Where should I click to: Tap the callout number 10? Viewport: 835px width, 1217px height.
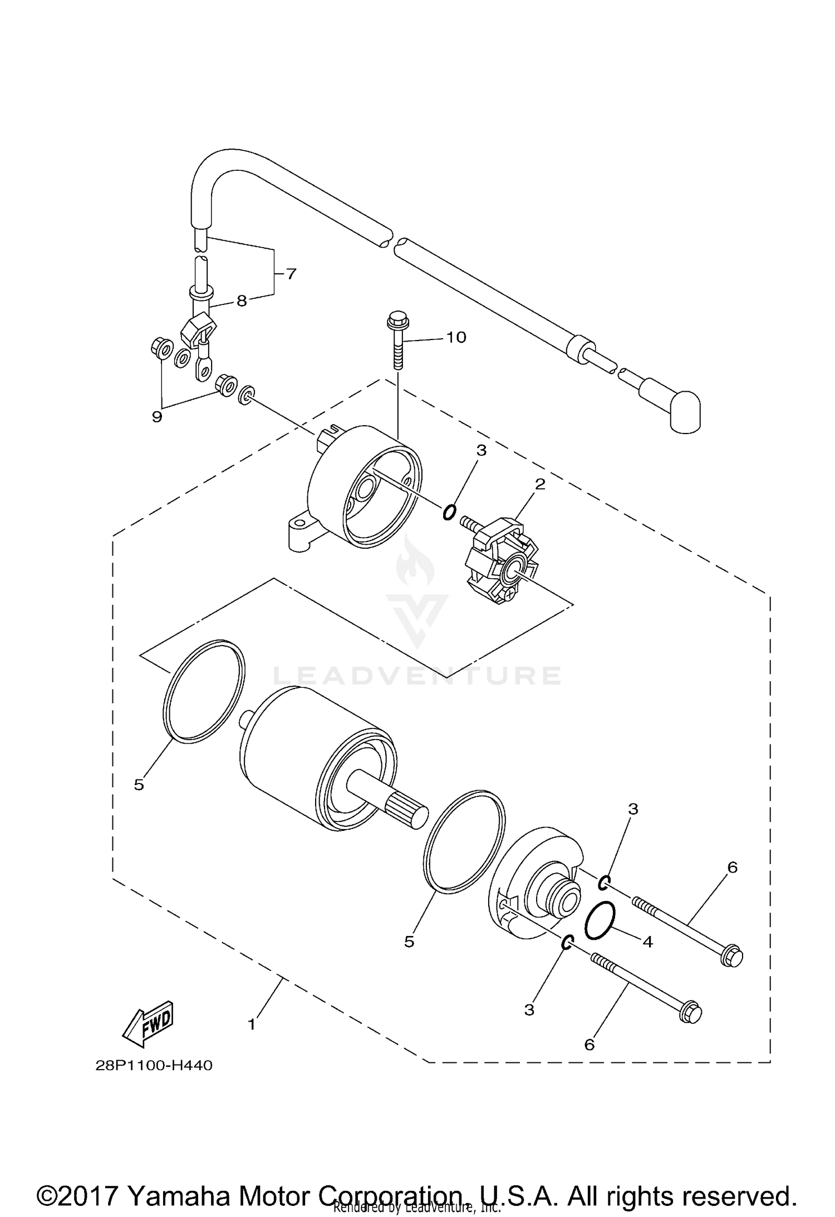[x=456, y=337]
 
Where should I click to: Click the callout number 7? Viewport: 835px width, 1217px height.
[x=291, y=274]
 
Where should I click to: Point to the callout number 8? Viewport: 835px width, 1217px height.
[x=242, y=301]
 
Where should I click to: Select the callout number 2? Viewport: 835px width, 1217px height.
[x=539, y=484]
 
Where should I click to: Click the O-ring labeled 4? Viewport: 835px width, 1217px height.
[x=600, y=920]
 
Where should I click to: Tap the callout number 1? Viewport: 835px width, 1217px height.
[x=252, y=1023]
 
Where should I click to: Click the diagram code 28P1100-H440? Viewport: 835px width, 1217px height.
[x=154, y=1066]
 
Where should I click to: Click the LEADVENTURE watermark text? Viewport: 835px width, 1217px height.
[x=417, y=675]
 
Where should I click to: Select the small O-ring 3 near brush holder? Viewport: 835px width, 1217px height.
[x=449, y=511]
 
